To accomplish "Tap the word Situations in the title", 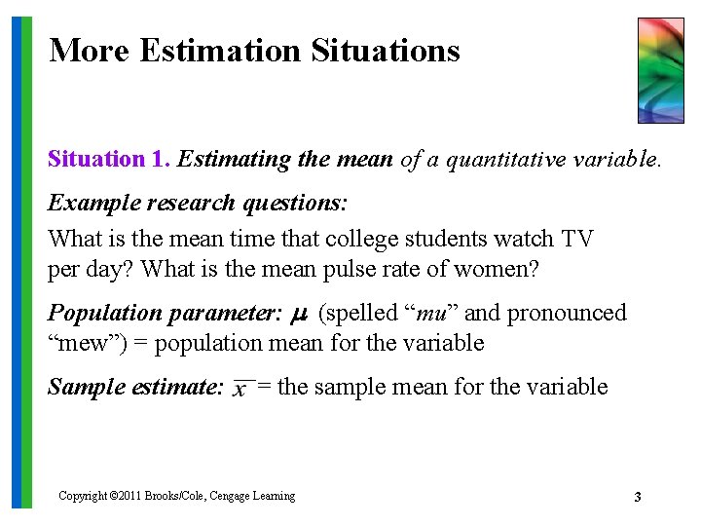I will coord(386,50).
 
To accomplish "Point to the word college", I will coord(359,238).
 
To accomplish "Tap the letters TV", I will coord(576,238).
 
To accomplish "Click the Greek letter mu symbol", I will coord(300,315).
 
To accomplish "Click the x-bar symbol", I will coord(240,389).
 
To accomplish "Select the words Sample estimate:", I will coord(136,387).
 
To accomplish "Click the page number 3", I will coord(637,498).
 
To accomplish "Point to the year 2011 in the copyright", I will coord(129,497).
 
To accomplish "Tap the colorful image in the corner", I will coord(660,70).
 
